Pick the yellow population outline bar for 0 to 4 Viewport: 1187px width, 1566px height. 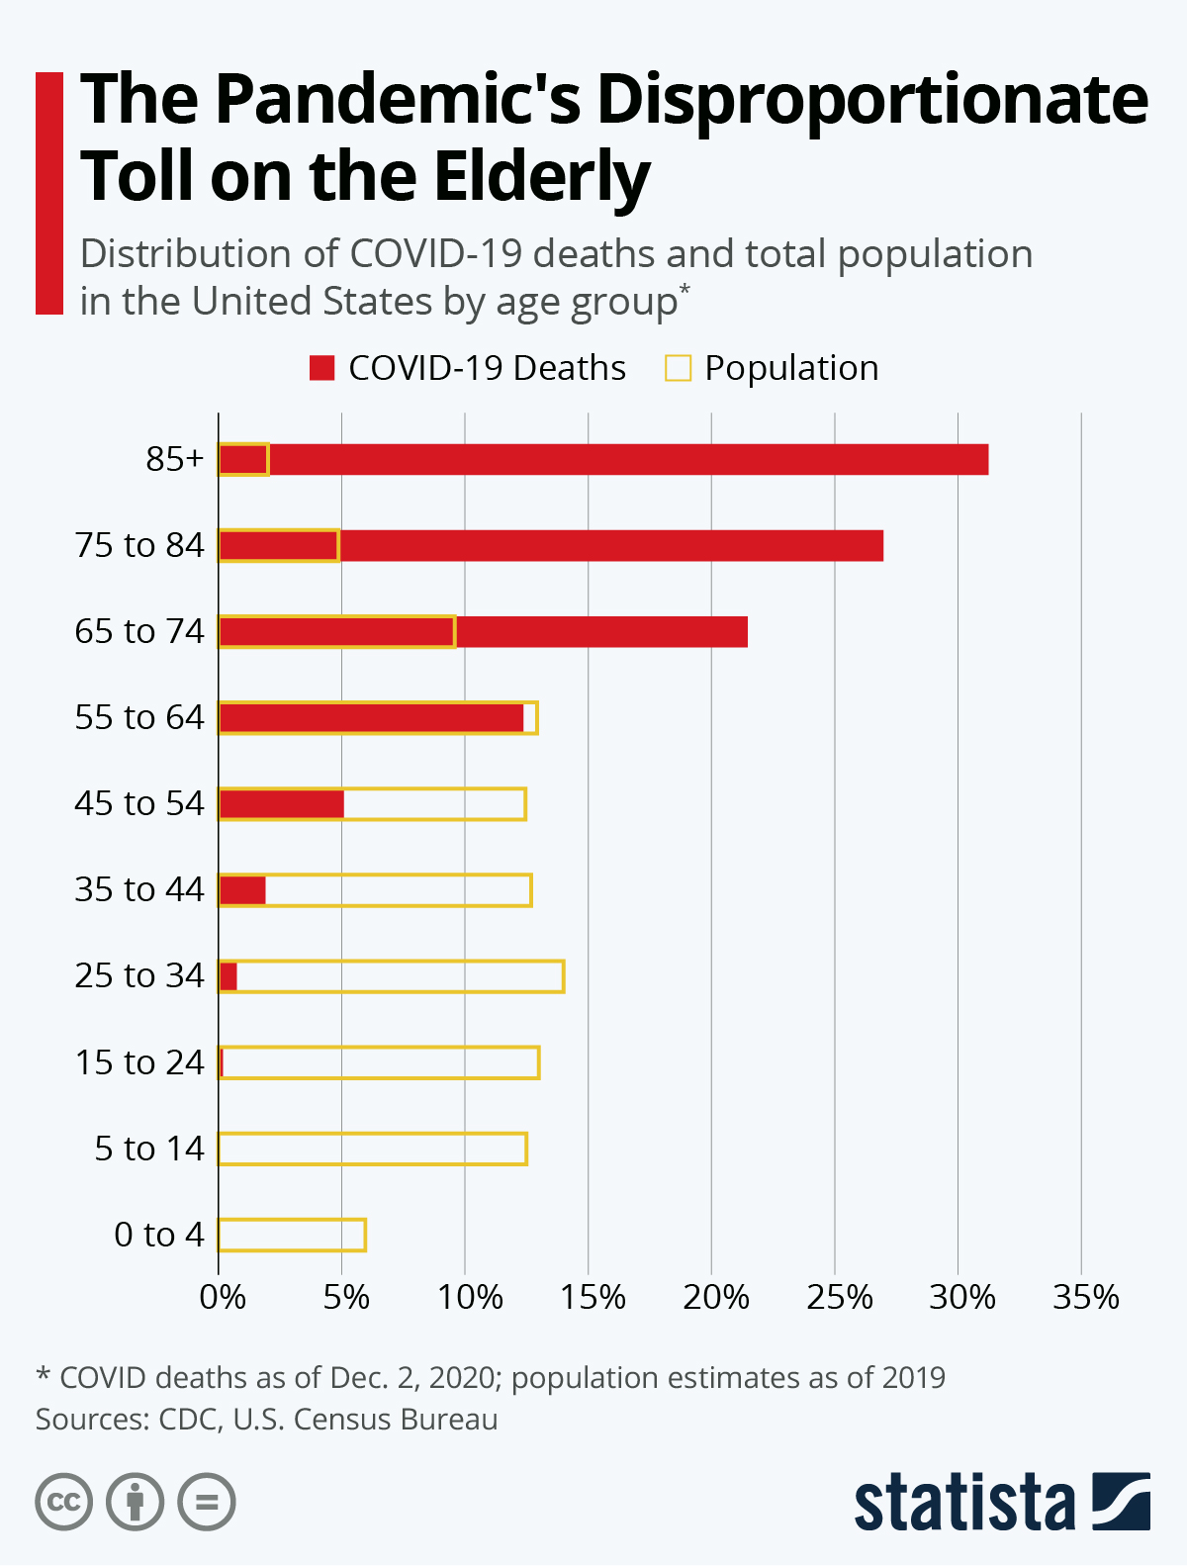pyautogui.click(x=292, y=1235)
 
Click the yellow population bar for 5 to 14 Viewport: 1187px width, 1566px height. pyautogui.click(x=372, y=1149)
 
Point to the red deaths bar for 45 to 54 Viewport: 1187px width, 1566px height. pyautogui.click(x=281, y=804)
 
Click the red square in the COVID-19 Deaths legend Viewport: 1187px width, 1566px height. pyautogui.click(x=322, y=368)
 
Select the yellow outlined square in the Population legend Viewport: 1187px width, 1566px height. pyautogui.click(x=678, y=368)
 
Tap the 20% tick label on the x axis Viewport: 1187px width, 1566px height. pyautogui.click(x=715, y=1297)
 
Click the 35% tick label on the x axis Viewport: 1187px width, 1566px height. pyautogui.click(x=1085, y=1297)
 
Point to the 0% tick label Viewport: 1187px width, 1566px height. pyautogui.click(x=223, y=1297)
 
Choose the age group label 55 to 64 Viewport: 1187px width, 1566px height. pyautogui.click(x=139, y=717)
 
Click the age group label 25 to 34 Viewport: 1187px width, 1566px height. pyautogui.click(x=139, y=975)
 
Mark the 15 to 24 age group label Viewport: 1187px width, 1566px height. pyautogui.click(x=139, y=1062)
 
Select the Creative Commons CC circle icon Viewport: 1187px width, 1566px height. pyautogui.click(x=64, y=1502)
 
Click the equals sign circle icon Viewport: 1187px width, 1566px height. pyautogui.click(x=207, y=1502)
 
